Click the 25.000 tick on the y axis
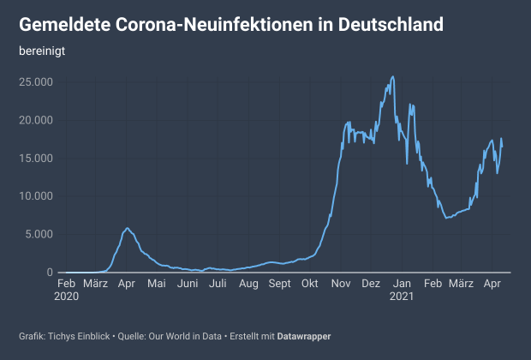point(36,82)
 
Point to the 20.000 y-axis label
point(36,120)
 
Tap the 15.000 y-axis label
point(36,159)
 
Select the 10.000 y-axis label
point(36,196)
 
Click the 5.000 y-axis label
point(39,234)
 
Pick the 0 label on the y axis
point(50,272)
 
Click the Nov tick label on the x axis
point(341,284)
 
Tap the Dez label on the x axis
point(371,284)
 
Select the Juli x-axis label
point(218,284)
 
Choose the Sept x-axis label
point(279,284)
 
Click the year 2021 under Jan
point(402,297)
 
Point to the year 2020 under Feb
point(66,297)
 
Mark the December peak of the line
point(392,76)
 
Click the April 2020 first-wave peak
point(128,228)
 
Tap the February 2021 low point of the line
point(447,218)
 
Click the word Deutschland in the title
point(391,25)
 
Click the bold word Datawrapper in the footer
point(304,336)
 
